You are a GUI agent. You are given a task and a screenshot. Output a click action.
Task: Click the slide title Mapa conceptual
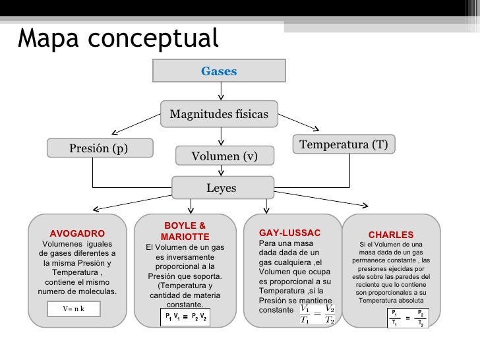pos(117,38)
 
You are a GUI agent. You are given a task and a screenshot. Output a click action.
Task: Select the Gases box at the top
pos(219,71)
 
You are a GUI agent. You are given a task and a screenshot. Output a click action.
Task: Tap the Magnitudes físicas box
pos(219,114)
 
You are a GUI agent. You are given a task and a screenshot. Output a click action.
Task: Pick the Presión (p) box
pos(99,148)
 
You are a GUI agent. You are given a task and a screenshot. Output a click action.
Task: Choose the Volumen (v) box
pos(224,156)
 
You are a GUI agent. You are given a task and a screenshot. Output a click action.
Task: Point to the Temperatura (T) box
pos(343,144)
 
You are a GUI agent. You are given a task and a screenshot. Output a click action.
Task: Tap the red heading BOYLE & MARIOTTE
pos(185,231)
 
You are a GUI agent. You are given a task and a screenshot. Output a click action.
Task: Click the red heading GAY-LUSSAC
pos(289,233)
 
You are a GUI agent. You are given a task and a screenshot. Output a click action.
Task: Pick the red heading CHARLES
pos(391,235)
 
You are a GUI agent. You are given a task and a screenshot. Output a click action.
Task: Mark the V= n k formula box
pos(74,308)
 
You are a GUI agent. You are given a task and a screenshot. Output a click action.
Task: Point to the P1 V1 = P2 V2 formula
pos(185,318)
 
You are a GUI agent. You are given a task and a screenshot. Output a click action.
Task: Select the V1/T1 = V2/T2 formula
pos(316,314)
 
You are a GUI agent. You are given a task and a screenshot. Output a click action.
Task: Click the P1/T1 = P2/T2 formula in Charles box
pos(407,318)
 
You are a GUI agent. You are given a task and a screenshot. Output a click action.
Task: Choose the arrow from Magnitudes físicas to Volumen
pos(222,136)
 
